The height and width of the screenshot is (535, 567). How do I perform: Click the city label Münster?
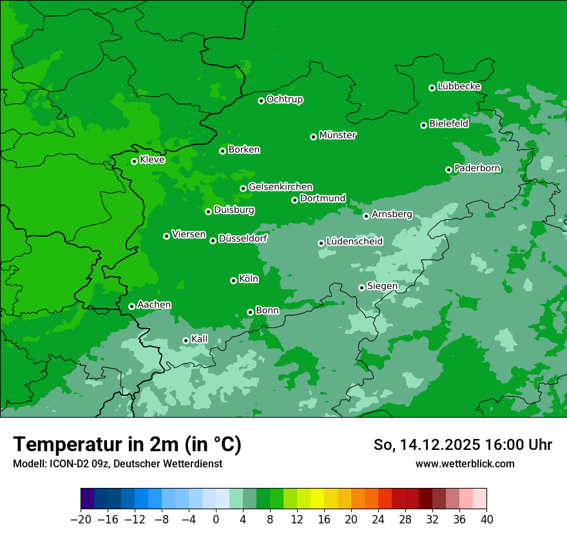coord(338,135)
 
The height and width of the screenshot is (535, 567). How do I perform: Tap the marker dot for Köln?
coord(233,280)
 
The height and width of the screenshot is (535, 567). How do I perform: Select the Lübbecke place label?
coord(459,86)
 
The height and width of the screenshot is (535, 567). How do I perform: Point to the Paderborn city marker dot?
coord(448,170)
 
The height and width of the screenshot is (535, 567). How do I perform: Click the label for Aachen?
coord(154,305)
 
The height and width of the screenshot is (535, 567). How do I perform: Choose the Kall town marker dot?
coord(186,340)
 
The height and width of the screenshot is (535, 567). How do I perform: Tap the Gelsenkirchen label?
coord(280,187)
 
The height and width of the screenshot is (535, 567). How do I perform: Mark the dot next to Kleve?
coord(134,161)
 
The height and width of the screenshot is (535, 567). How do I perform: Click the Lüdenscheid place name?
coord(354,242)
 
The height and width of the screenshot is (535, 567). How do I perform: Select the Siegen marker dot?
coord(361,287)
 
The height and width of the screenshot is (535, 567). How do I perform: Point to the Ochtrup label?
coord(285,99)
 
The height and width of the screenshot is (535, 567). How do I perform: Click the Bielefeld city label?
coord(448,124)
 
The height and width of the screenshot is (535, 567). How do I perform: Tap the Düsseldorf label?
coord(243,238)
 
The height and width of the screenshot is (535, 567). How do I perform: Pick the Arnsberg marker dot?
coord(366,216)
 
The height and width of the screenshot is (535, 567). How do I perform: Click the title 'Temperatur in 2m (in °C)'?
coord(127,445)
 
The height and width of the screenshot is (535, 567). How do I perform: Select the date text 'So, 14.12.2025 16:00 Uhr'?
coord(463,445)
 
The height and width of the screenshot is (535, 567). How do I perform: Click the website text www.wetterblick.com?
coord(465,463)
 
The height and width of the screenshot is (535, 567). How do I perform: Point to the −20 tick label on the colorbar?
coord(81,520)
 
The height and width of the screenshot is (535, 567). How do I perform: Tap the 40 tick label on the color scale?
coord(486,520)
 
